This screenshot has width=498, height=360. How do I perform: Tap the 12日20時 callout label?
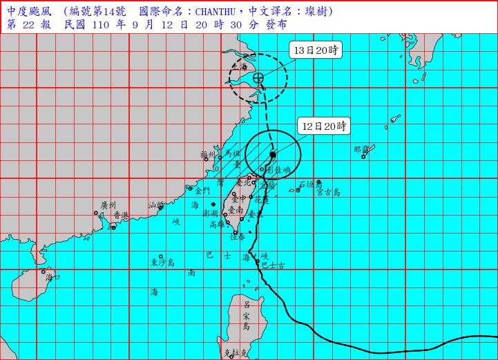(324, 126)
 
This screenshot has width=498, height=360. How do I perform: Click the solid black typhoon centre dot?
(273, 155)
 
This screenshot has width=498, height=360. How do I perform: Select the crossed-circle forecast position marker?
(258, 78)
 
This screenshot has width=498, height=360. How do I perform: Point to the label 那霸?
(361, 149)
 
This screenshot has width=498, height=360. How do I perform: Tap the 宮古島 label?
(328, 192)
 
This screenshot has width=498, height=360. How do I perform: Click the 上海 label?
(239, 68)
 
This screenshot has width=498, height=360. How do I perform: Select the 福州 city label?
(208, 155)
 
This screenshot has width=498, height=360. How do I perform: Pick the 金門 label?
(202, 191)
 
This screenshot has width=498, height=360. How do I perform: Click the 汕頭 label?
(157, 205)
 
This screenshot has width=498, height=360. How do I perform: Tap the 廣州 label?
(108, 205)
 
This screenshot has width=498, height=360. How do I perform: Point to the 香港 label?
(122, 215)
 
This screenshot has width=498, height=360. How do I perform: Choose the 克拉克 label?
(236, 352)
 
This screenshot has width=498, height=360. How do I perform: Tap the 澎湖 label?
(211, 214)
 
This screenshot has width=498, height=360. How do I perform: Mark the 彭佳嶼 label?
(279, 169)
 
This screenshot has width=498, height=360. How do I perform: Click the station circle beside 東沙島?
(161, 256)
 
